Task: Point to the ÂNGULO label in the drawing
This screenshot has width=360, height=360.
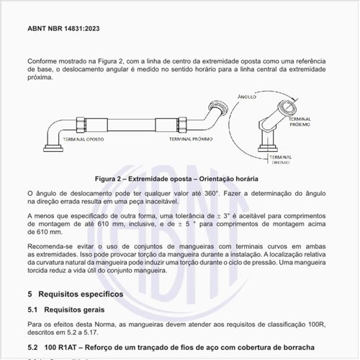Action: pyautogui.click(x=248, y=97)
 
